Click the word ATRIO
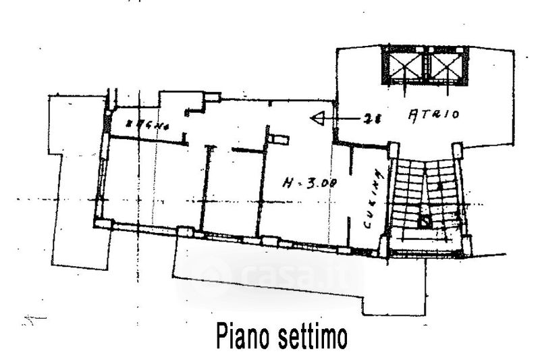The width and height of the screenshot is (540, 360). tap(434, 115)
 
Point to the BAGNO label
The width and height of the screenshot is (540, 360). tap(143, 126)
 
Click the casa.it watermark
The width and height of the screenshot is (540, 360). tap(270, 275)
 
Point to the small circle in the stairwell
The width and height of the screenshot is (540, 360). tap(423, 220)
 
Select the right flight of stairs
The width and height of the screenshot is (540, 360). tap(445, 196)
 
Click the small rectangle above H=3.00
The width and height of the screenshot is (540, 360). tap(277, 139)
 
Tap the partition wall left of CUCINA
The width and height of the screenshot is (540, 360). tap(351, 196)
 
